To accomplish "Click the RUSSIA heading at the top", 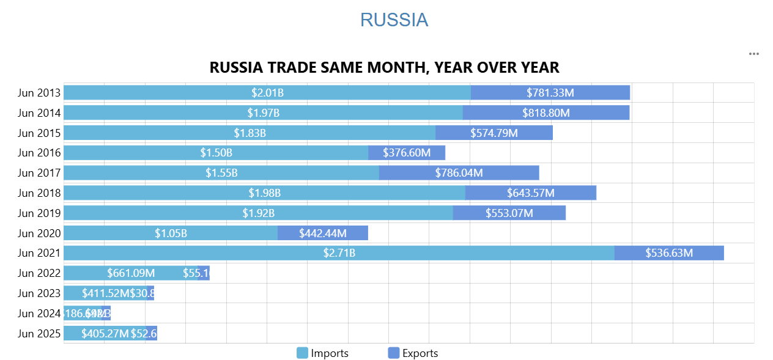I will (394, 20).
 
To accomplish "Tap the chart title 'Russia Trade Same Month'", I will (384, 67).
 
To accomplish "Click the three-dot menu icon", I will (754, 54).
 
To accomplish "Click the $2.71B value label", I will (339, 253).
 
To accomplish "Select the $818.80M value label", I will (546, 112).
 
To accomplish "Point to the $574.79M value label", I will (494, 133).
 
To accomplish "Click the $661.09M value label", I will (131, 273).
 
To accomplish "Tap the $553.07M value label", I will (509, 213).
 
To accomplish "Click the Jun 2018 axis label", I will (39, 193).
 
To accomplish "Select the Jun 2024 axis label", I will (39, 314).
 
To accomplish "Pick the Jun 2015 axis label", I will (39, 133).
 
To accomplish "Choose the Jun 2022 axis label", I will (39, 273).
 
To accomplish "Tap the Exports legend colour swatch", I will (394, 353).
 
